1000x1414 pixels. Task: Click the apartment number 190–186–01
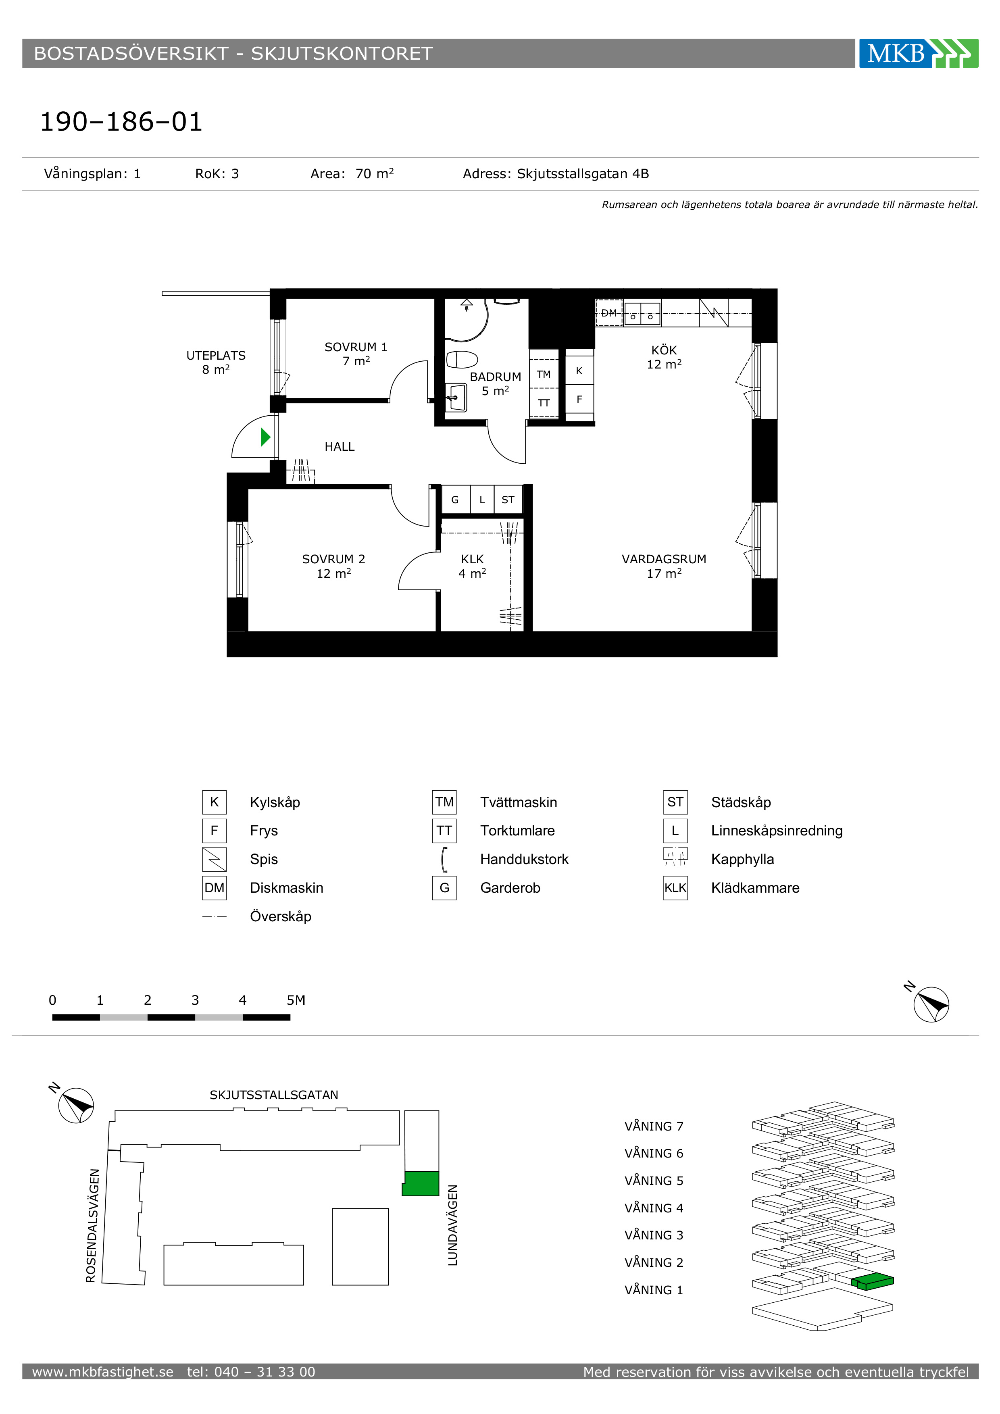(x=121, y=122)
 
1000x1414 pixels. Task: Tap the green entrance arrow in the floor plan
(x=265, y=437)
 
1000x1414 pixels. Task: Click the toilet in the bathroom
(x=462, y=359)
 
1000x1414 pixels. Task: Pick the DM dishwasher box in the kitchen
(x=609, y=313)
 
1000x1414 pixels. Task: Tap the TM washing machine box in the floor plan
(x=544, y=374)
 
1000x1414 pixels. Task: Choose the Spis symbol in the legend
(x=214, y=859)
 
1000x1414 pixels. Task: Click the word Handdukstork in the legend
(x=524, y=859)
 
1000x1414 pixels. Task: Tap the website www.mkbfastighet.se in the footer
(x=103, y=1372)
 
